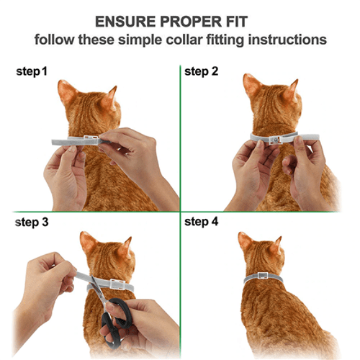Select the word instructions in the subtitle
tap(287, 39)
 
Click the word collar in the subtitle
tap(184, 39)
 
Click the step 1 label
tap(31, 71)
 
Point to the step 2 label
tap(201, 71)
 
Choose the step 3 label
tap(31, 222)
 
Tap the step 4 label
tap(201, 222)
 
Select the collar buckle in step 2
tap(275, 139)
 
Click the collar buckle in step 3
tap(118, 284)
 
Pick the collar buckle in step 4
tap(263, 276)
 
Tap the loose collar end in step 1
tap(60, 142)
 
